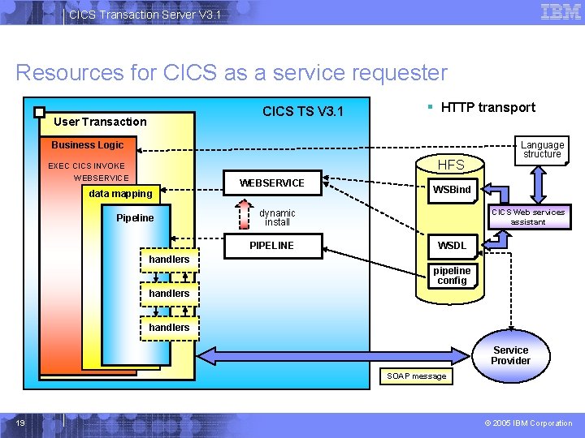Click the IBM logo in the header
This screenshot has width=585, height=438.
[x=560, y=12]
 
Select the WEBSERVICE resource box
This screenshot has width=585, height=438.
[x=272, y=183]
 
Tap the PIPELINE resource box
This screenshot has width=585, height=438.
[x=272, y=246]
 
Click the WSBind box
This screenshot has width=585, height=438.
[x=452, y=190]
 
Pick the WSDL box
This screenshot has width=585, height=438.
[x=452, y=246]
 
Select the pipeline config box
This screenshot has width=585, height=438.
[x=452, y=276]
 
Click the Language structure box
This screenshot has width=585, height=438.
[x=542, y=150]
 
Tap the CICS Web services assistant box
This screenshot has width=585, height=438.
[x=528, y=217]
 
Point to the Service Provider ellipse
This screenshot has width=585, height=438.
[x=510, y=355]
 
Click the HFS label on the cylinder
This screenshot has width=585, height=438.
[x=451, y=165]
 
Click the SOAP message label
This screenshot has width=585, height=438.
[x=417, y=376]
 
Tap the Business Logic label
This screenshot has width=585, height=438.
[x=88, y=145]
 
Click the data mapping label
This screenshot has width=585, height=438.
[x=120, y=194]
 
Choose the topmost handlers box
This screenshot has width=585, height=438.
[x=169, y=260]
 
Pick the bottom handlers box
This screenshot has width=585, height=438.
[x=169, y=328]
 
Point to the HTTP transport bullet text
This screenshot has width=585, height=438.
[x=487, y=107]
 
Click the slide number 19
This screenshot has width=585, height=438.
[x=20, y=423]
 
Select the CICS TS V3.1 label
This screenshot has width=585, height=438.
[x=303, y=111]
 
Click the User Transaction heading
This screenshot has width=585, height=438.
[x=100, y=122]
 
